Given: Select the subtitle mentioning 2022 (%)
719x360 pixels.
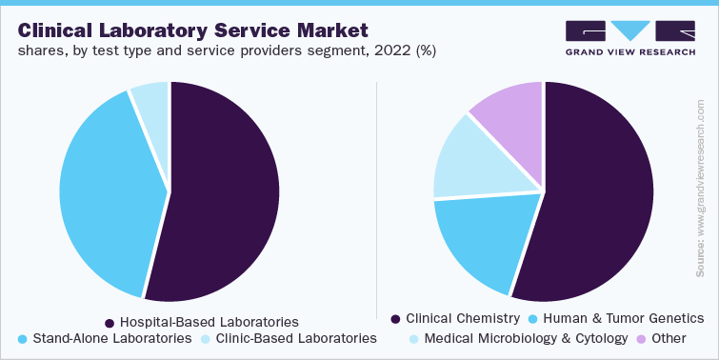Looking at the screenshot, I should point(227,50).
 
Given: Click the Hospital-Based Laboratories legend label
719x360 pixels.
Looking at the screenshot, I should point(209,322).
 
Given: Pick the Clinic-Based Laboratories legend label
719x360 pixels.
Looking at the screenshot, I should point(296,338).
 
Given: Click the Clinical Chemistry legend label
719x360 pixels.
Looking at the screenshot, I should point(463,318).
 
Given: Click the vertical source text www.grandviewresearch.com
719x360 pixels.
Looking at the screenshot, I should point(702,190).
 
